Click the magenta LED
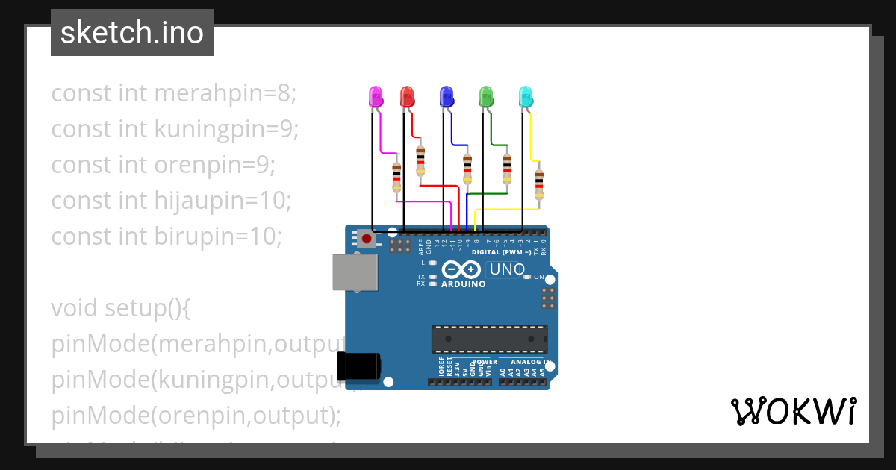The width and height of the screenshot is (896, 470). point(376,96)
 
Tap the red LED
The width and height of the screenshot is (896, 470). point(407,96)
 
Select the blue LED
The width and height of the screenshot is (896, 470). point(447,96)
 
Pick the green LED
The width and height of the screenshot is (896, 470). point(486,96)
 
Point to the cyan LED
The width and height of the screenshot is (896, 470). point(526,96)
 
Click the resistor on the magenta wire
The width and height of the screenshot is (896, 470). point(396,178)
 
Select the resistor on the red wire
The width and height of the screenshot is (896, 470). point(420,160)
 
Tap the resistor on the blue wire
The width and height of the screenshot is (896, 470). point(467,169)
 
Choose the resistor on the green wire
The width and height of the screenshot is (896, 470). point(507,169)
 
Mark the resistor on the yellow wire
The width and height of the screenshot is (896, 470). point(538,185)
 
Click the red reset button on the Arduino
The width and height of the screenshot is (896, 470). point(366,239)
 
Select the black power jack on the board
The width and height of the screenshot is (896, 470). point(359,366)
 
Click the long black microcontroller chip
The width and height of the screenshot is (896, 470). point(489,339)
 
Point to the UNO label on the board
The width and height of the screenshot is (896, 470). point(506,269)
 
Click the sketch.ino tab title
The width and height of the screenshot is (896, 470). point(132,33)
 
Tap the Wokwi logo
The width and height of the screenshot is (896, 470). point(793,412)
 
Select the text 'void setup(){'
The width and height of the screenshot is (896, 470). point(120,307)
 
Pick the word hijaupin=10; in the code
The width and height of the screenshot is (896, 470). point(221,200)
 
